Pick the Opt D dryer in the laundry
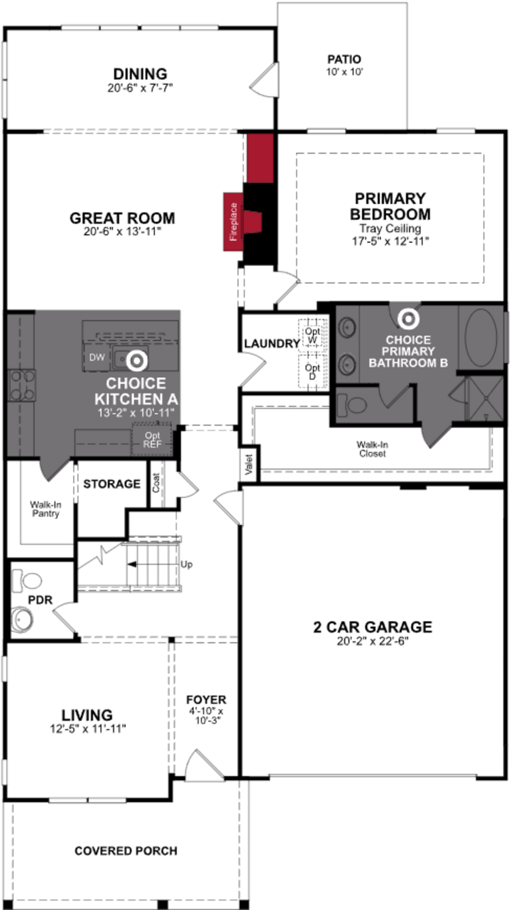[x=313, y=371]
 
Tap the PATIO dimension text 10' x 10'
[x=344, y=72]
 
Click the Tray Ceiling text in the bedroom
[x=390, y=228]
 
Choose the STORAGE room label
[x=112, y=484]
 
